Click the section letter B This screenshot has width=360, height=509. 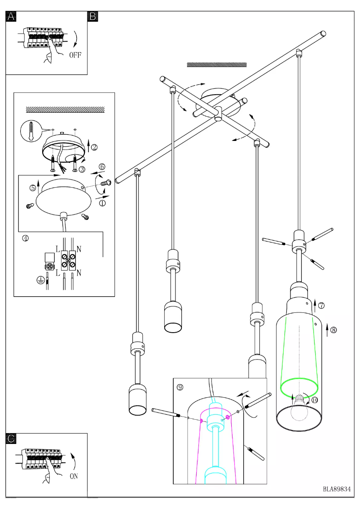click(x=93, y=17)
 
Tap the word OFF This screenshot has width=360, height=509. click(x=75, y=56)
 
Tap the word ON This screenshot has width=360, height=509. click(x=74, y=476)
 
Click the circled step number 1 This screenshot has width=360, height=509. click(x=102, y=203)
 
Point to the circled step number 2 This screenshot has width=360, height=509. click(x=94, y=147)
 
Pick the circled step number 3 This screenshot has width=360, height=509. click(x=82, y=169)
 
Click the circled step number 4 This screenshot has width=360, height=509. click(x=26, y=238)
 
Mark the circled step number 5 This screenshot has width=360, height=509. click(x=33, y=188)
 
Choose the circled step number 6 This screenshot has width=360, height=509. click(x=102, y=167)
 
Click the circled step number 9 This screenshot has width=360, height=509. click(x=180, y=387)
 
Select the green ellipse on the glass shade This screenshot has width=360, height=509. click(x=299, y=386)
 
